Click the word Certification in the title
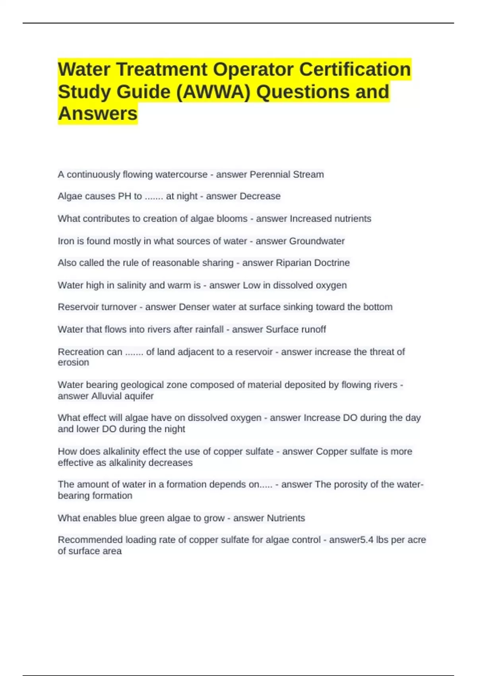(355, 69)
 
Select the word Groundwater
(317, 241)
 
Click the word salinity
(132, 285)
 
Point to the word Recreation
(79, 352)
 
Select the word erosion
(74, 362)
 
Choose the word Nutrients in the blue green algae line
(286, 518)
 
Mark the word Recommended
(90, 540)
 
